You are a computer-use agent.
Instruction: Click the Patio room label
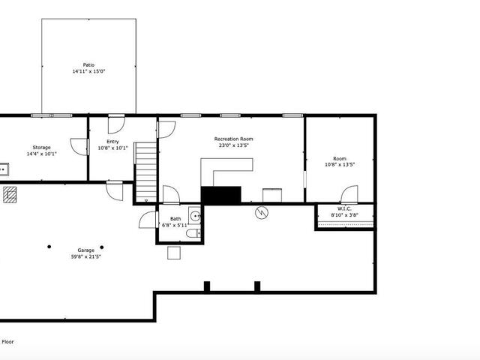(88, 65)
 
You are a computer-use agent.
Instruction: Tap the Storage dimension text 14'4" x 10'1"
(42, 154)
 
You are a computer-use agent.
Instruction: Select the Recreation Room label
(233, 139)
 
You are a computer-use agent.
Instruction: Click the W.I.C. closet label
(344, 208)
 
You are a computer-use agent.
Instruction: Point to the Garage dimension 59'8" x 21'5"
(85, 256)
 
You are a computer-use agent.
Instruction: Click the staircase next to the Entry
(146, 172)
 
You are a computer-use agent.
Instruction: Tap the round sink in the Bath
(195, 216)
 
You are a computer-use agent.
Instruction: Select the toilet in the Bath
(193, 233)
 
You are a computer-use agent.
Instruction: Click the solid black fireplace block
(220, 195)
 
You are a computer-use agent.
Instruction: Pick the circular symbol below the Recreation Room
(262, 212)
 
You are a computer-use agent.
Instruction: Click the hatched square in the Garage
(10, 195)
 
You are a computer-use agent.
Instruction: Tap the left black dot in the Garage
(49, 247)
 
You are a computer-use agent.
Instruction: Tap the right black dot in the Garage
(102, 247)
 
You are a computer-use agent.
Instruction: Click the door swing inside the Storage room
(79, 147)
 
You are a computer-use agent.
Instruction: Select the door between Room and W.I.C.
(349, 194)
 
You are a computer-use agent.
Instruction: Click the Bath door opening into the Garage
(148, 220)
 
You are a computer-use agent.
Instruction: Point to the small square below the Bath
(174, 253)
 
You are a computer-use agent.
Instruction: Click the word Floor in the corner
(8, 342)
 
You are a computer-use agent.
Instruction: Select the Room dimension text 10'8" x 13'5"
(340, 165)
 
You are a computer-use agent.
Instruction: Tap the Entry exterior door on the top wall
(116, 124)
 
